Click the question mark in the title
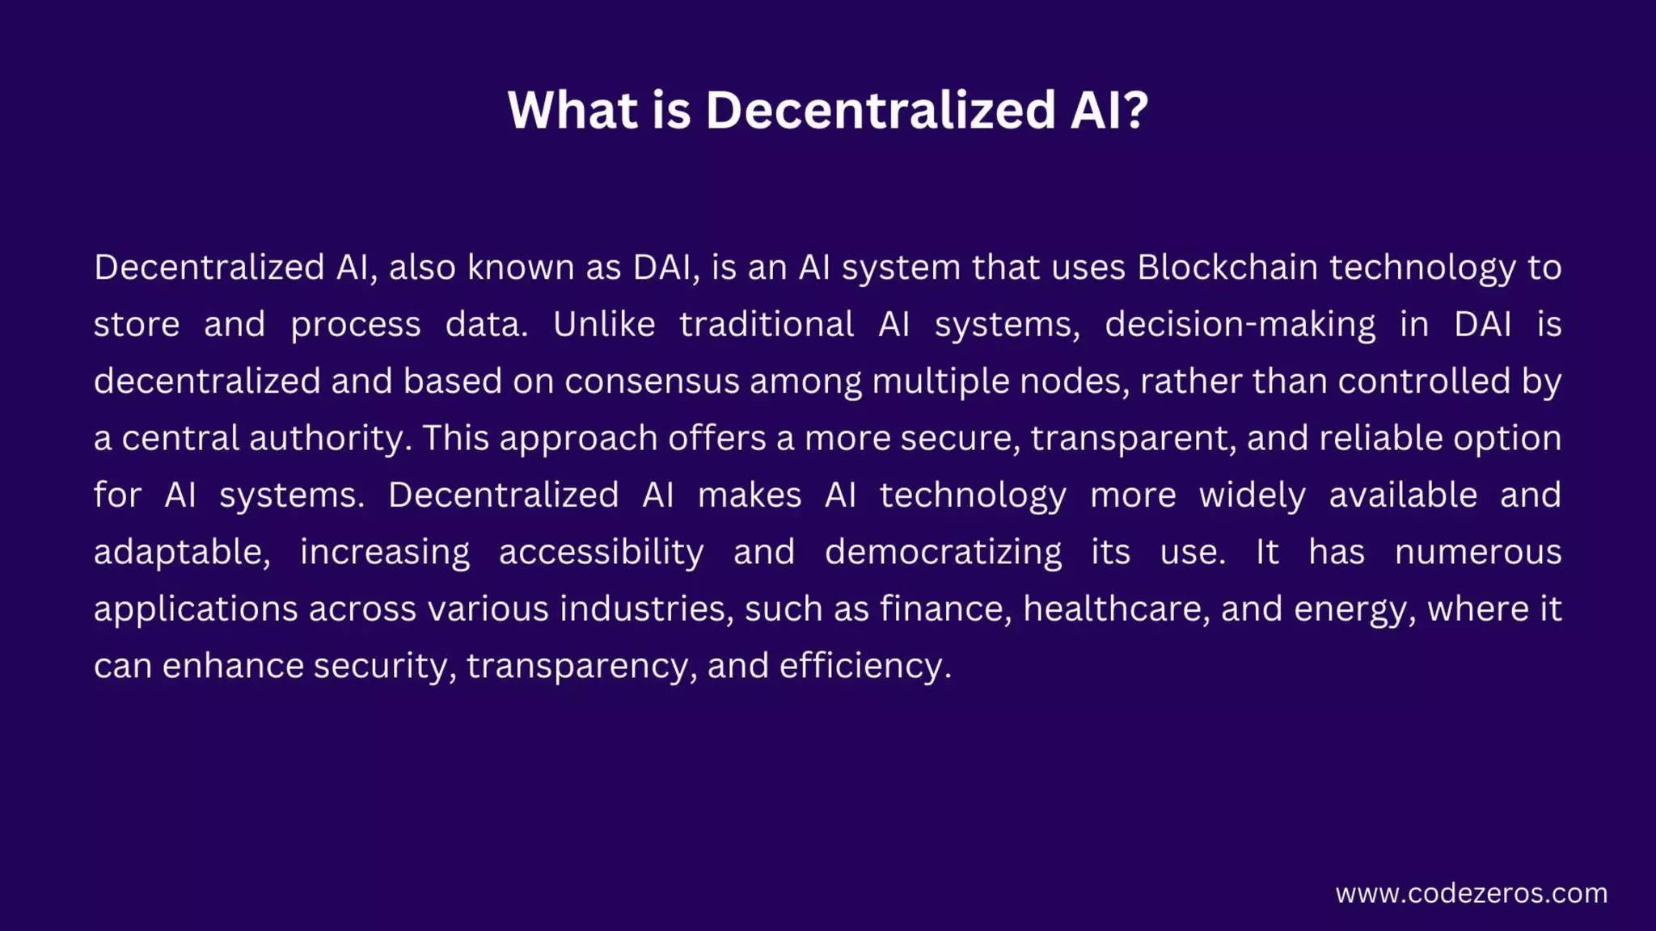click(1135, 109)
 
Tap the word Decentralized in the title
click(881, 109)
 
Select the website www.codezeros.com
click(1471, 893)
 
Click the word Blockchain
click(1227, 268)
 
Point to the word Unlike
click(604, 324)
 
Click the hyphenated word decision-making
click(1240, 325)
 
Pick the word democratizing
click(943, 552)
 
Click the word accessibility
click(601, 552)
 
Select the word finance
click(945, 609)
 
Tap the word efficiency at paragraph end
click(864, 666)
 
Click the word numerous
click(1478, 552)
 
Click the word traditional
click(766, 324)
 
